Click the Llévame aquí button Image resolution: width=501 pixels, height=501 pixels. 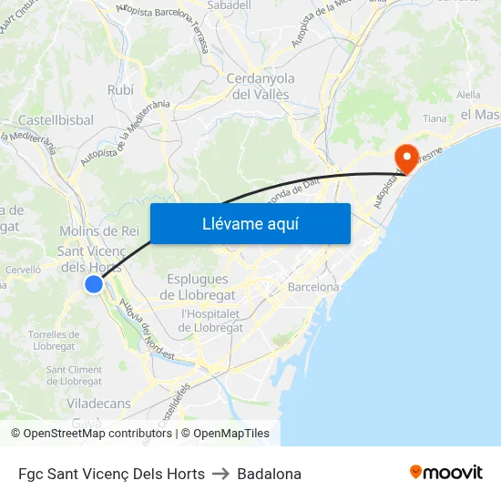click(x=250, y=223)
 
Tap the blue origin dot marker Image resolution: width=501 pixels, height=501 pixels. click(x=94, y=284)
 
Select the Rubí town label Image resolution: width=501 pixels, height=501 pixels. click(x=120, y=89)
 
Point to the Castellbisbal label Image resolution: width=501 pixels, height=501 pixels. click(x=56, y=119)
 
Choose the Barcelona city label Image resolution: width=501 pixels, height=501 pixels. click(x=312, y=287)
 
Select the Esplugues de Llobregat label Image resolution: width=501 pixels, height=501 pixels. click(x=198, y=287)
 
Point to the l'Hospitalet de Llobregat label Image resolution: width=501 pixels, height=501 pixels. click(x=211, y=321)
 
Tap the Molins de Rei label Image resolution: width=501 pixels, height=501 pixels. click(x=98, y=231)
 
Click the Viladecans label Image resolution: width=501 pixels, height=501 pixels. click(x=98, y=403)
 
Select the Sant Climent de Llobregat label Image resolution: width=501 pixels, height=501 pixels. click(x=74, y=374)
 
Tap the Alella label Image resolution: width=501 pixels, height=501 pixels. click(x=468, y=94)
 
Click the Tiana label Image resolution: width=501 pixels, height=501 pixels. click(x=435, y=118)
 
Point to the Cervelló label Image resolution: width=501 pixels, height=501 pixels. click(x=24, y=270)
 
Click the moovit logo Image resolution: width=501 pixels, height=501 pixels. click(x=445, y=472)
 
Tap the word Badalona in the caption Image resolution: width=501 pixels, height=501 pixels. click(x=269, y=474)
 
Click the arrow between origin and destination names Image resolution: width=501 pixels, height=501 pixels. click(x=221, y=474)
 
